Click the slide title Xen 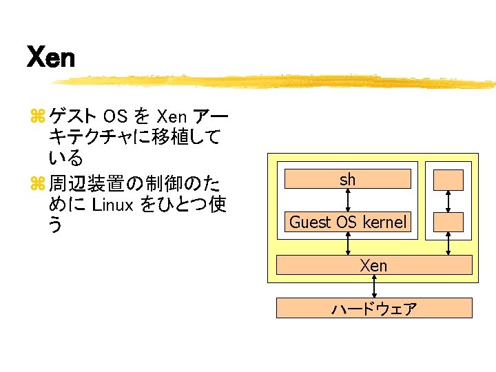coord(50,58)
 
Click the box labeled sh coord(347,179)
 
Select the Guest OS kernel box coord(347,222)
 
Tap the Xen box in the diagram coord(373,265)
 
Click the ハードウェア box coord(373,308)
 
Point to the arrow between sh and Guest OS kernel coord(349,200)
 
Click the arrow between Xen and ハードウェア coord(374,287)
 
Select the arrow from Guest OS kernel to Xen coord(349,243)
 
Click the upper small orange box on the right coord(448,180)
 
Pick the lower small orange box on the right coord(448,222)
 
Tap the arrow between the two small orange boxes coord(449,201)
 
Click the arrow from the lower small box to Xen coord(449,243)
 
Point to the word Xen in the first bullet coord(172,115)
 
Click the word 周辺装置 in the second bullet coord(90,183)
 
